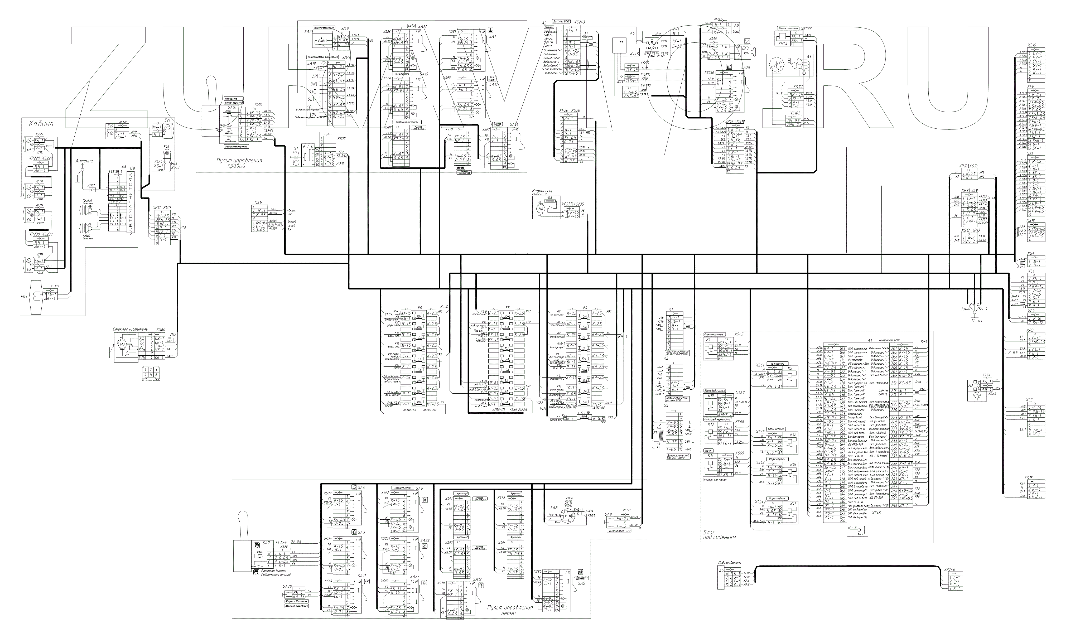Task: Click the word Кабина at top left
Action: [x=41, y=124]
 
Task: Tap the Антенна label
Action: [x=84, y=161]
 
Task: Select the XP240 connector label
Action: [x=949, y=570]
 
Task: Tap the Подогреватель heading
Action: [x=730, y=563]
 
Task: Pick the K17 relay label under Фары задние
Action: [x=793, y=504]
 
